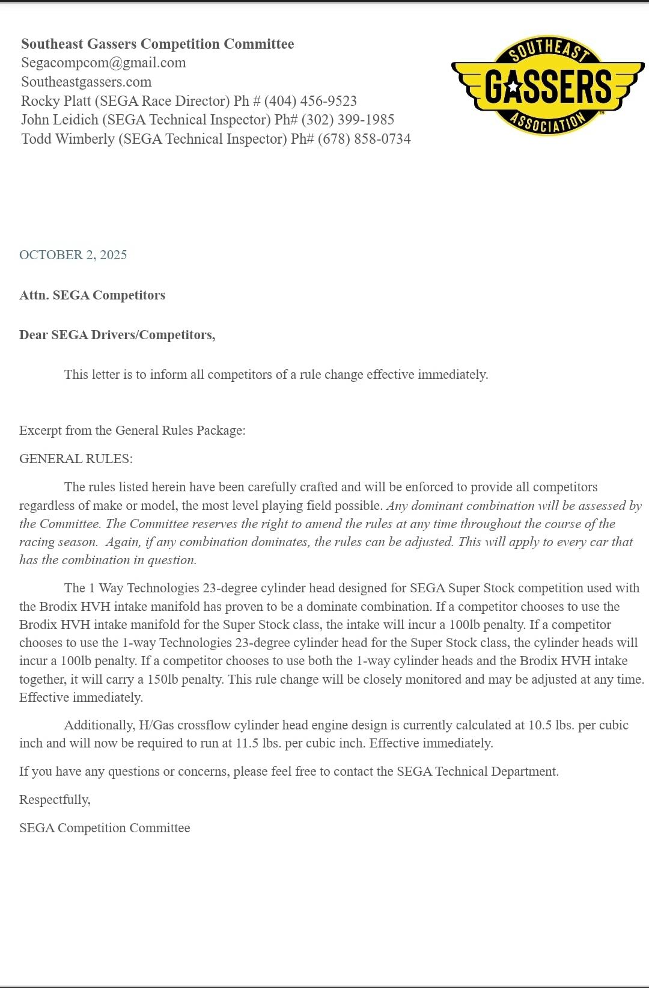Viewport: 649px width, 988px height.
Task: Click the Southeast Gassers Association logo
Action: click(547, 85)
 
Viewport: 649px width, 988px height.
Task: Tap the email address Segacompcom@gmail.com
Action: click(103, 63)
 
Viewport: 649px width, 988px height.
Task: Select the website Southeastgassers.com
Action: click(86, 82)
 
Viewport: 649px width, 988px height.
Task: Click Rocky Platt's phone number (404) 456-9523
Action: click(310, 101)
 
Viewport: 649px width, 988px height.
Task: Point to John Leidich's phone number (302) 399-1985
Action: click(347, 120)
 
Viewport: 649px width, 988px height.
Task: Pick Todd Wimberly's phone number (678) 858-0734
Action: click(364, 139)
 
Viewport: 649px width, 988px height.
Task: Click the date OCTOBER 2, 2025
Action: click(73, 255)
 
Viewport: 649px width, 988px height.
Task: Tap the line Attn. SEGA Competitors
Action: click(92, 295)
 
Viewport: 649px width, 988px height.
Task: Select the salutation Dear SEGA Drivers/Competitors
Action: click(117, 335)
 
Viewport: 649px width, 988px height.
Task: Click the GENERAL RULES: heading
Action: click(76, 459)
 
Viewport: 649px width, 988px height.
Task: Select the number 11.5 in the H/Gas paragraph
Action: click(247, 743)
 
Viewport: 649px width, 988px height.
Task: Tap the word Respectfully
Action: click(55, 800)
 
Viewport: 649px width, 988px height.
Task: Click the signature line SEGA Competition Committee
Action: click(105, 828)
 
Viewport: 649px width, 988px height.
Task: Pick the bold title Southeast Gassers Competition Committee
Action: click(157, 44)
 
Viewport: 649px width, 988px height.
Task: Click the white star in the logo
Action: click(513, 87)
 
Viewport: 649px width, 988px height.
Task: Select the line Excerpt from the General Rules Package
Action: click(132, 431)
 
